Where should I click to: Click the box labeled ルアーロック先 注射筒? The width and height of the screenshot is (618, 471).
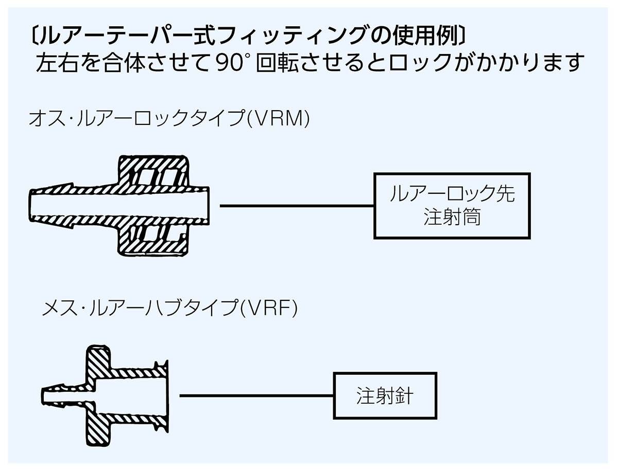(x=452, y=206)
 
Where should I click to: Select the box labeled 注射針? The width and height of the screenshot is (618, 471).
(x=386, y=395)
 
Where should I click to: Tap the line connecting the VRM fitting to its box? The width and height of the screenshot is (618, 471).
(x=297, y=206)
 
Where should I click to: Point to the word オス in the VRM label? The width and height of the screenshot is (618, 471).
(x=44, y=119)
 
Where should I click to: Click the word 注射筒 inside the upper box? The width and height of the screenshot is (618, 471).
(x=452, y=216)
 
